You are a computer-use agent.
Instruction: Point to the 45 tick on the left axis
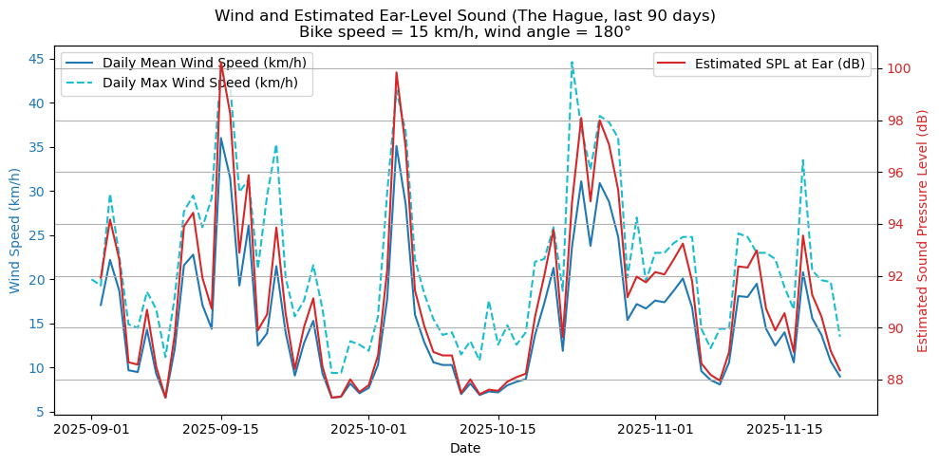(36, 59)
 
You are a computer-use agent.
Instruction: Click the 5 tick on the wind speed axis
(40, 412)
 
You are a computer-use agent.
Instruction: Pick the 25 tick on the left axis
(36, 235)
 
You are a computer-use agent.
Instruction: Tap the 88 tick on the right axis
(893, 380)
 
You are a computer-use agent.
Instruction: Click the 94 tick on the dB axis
(893, 224)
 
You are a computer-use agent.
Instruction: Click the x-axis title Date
(465, 448)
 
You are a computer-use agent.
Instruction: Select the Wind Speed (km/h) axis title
(15, 230)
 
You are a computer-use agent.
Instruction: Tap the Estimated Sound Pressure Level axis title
(922, 231)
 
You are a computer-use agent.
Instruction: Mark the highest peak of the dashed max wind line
(573, 63)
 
